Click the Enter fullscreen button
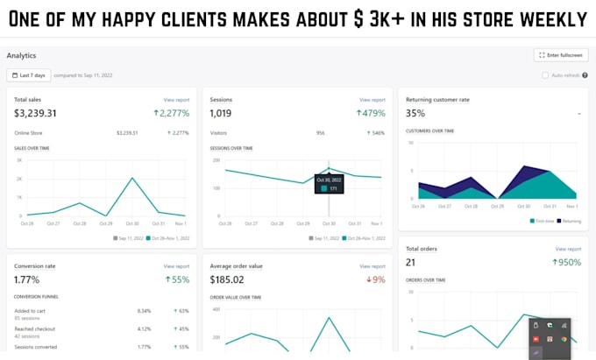[560, 55]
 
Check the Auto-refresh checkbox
[545, 75]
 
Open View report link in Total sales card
[176, 100]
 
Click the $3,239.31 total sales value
[35, 113]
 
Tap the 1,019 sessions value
[221, 113]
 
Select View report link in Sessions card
[372, 100]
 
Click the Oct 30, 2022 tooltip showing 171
[329, 184]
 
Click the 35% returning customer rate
[415, 113]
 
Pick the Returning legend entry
[569, 221]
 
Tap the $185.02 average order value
[227, 279]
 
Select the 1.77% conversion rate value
[28, 279]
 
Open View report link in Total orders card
[567, 249]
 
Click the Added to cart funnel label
[30, 310]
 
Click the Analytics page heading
[21, 55]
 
